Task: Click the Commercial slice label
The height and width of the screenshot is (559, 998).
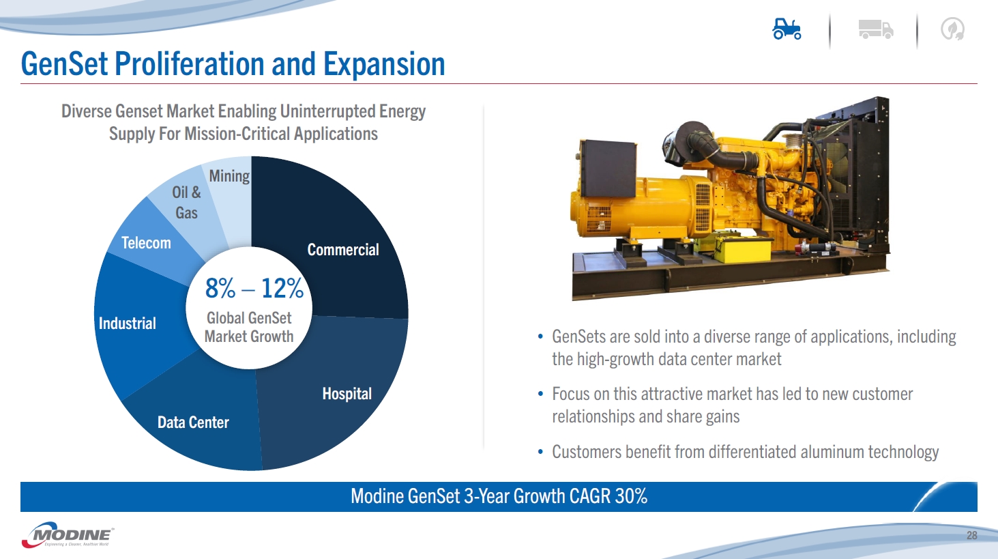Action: click(343, 250)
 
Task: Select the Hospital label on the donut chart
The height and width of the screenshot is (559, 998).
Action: click(347, 394)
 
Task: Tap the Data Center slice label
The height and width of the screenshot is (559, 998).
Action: click(193, 422)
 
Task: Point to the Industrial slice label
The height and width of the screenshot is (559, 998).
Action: click(128, 324)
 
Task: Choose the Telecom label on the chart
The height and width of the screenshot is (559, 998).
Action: click(146, 243)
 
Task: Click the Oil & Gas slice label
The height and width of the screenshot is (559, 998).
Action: click(186, 203)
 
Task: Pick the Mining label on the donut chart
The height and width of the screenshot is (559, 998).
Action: click(229, 176)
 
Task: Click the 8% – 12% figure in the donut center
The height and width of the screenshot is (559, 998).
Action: click(254, 288)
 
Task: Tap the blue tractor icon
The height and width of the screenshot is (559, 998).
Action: click(787, 29)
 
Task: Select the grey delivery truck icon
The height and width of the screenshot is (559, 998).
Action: click(875, 29)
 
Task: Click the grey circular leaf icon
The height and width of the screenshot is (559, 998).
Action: click(952, 29)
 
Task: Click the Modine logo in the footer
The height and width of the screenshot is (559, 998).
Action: click(68, 534)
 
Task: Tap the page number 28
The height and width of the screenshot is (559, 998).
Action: click(971, 535)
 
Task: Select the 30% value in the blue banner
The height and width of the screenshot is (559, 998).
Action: click(631, 496)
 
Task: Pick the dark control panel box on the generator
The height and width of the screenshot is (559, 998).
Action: click(608, 168)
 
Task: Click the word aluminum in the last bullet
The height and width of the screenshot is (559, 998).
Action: click(832, 452)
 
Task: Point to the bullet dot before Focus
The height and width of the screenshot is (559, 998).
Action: click(540, 394)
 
